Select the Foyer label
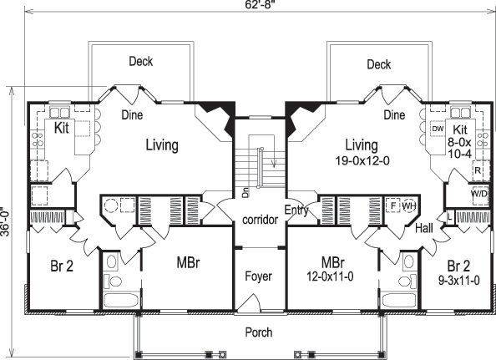click(258, 276)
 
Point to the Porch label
click(258, 332)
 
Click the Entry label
click(296, 210)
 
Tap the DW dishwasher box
click(438, 129)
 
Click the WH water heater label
click(408, 205)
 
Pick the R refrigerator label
click(478, 169)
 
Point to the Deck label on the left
click(140, 62)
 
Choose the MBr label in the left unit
click(188, 262)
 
